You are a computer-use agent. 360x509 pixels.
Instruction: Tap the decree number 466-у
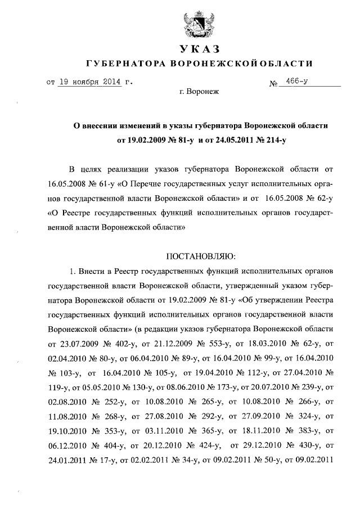(296, 82)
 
